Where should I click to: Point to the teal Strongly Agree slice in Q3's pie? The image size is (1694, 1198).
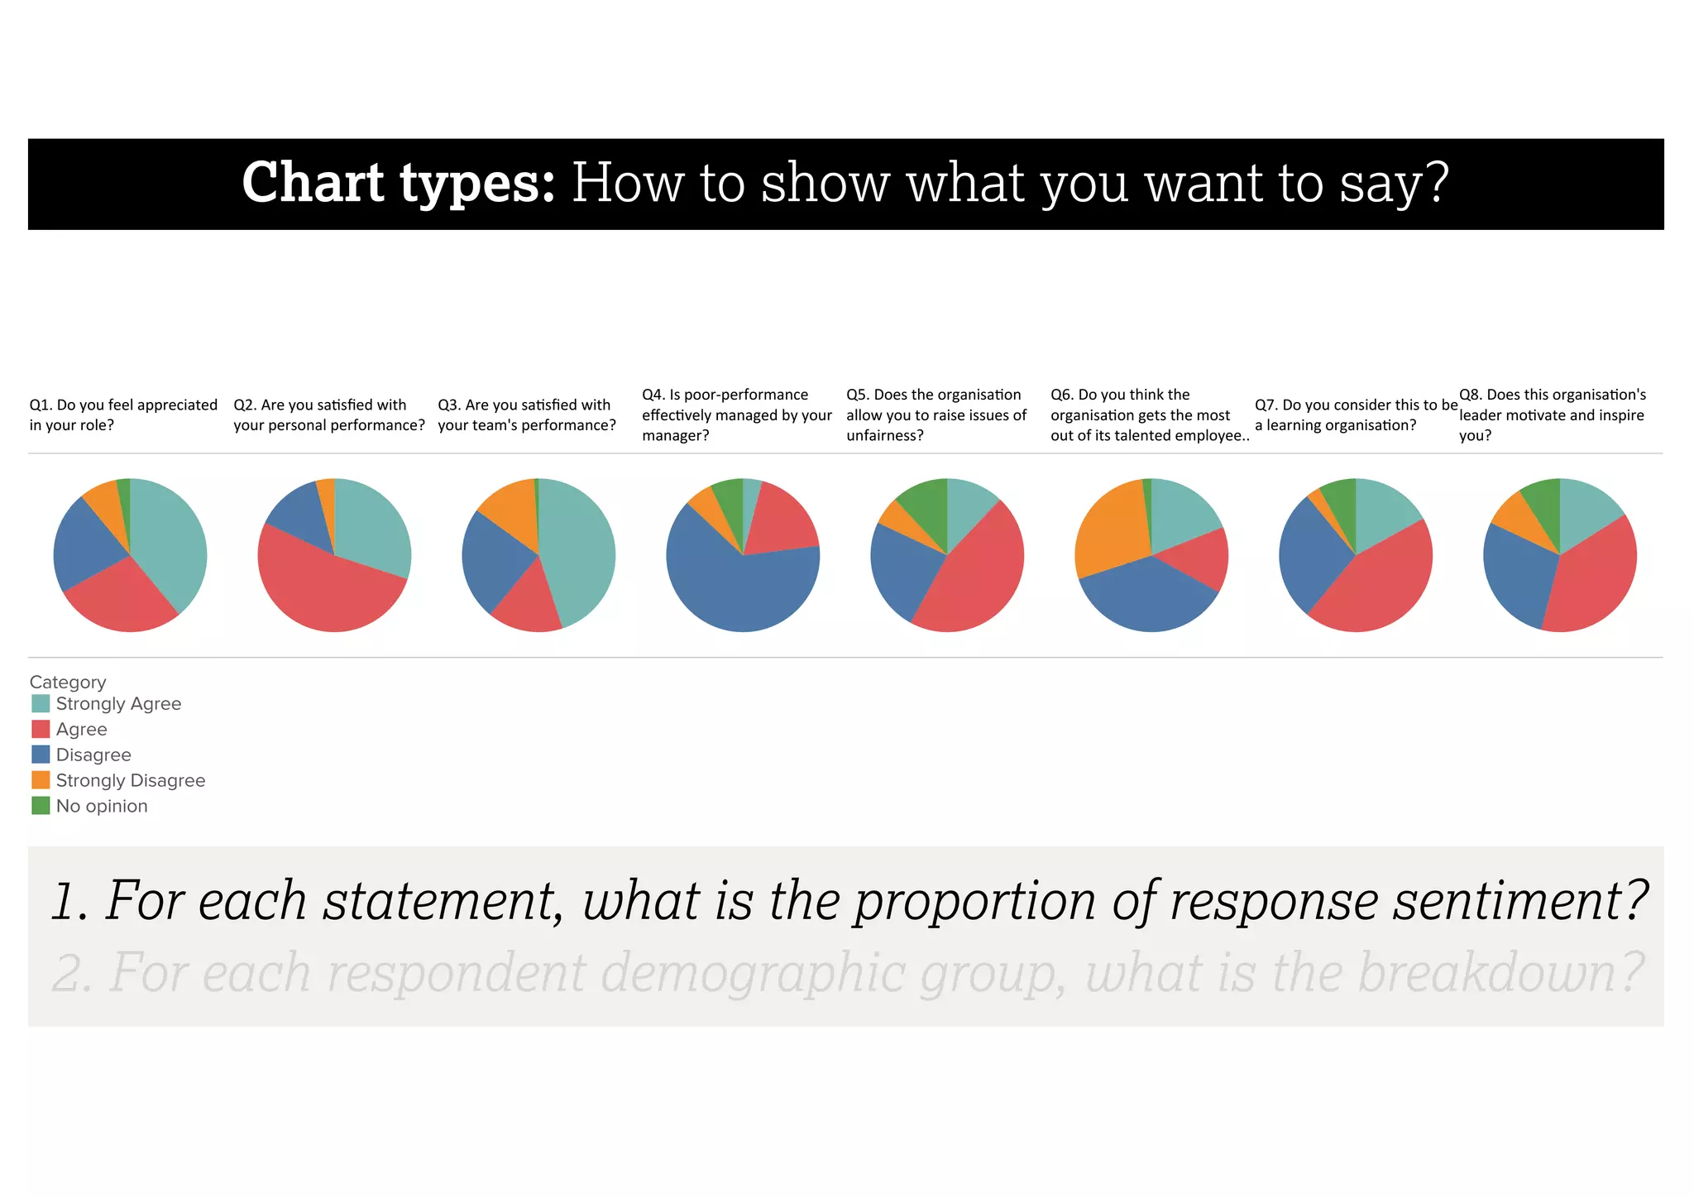(579, 550)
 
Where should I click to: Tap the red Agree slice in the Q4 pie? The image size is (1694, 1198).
(782, 521)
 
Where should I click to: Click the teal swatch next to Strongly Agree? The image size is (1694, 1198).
(41, 704)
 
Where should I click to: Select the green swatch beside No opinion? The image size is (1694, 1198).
(41, 806)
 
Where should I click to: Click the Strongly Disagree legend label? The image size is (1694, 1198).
(130, 780)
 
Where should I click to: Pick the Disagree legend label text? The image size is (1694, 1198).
(93, 755)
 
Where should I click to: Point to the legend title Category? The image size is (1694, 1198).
(68, 682)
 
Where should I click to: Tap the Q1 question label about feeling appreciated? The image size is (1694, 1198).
(123, 415)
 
